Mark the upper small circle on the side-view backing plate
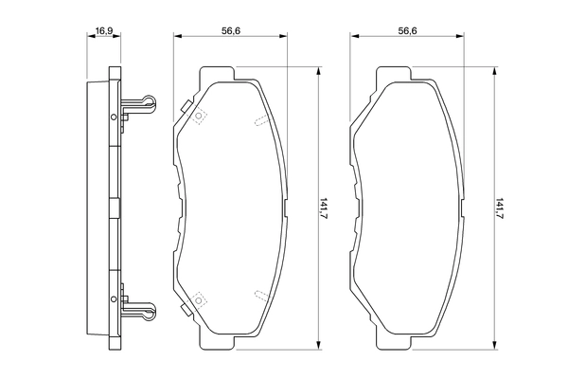(114, 117)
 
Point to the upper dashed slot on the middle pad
(260, 118)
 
